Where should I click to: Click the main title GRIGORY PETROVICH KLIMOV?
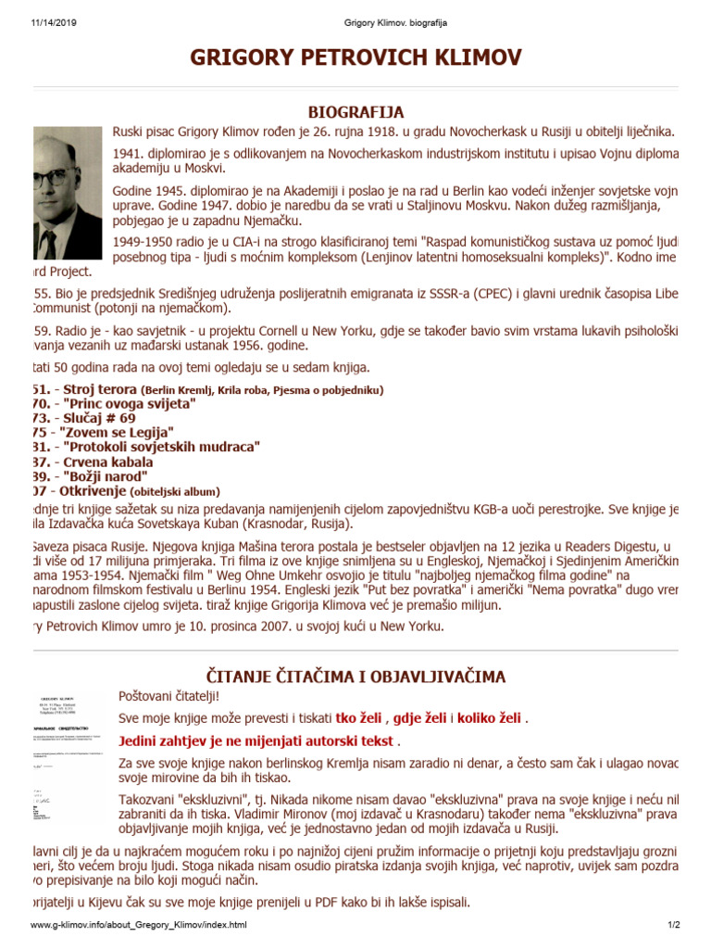click(x=355, y=57)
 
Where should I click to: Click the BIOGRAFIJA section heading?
click(x=355, y=112)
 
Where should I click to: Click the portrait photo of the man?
click(x=66, y=194)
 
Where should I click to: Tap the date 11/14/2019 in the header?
click(x=40, y=21)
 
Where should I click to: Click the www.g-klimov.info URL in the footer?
click(x=139, y=925)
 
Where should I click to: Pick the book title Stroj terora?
click(x=101, y=390)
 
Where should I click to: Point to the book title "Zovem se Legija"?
click(x=117, y=433)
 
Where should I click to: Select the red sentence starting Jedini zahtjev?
click(x=257, y=741)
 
